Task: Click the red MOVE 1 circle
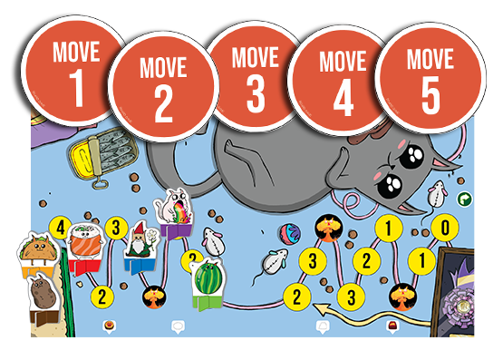(x=74, y=73)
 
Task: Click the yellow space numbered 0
(x=444, y=227)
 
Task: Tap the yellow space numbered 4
(x=60, y=226)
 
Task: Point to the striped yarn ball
(x=290, y=231)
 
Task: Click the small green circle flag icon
(x=465, y=199)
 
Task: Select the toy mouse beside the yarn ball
(x=273, y=262)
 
